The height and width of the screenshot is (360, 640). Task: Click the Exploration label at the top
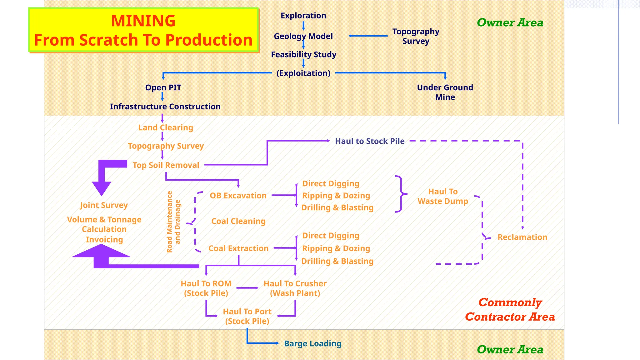[x=303, y=16]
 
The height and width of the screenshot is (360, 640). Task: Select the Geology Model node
[x=303, y=36]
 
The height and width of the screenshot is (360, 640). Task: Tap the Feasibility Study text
[x=303, y=55]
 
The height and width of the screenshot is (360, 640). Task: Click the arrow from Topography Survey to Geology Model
[x=368, y=36]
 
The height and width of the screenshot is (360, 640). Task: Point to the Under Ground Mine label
[x=445, y=92]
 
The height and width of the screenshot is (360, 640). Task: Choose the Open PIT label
[x=163, y=87]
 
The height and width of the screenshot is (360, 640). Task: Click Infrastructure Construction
[x=165, y=107]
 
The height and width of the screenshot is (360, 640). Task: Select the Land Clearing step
[x=166, y=127]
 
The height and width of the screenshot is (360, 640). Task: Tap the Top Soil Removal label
[x=166, y=165]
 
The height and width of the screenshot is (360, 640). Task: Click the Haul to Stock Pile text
[x=370, y=141]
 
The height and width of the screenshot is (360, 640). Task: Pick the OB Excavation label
[x=238, y=196]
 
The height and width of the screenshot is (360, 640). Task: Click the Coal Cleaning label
[x=238, y=221]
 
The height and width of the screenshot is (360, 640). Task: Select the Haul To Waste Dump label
[x=443, y=196]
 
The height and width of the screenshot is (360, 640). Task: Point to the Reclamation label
[x=522, y=237]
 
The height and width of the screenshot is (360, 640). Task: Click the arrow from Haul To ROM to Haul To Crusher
[x=247, y=288]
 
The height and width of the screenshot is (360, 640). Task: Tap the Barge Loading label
[x=312, y=343]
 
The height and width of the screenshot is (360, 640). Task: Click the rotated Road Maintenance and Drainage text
[x=173, y=222]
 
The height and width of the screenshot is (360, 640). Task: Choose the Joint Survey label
[x=104, y=205]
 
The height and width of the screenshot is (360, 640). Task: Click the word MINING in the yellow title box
[x=143, y=21]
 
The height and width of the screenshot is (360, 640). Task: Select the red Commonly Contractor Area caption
[x=510, y=310]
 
